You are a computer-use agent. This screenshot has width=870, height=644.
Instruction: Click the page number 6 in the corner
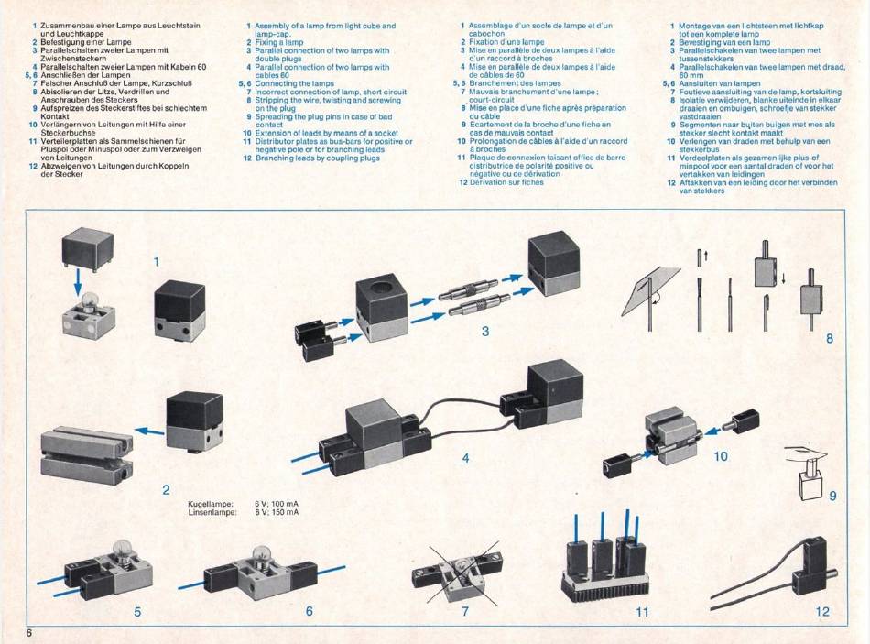click(28, 633)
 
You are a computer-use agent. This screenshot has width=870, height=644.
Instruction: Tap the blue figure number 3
click(485, 332)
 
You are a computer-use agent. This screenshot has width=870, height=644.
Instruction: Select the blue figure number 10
click(720, 456)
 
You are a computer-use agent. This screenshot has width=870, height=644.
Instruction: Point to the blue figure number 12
click(822, 611)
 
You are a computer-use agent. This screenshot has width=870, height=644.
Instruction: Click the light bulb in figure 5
click(122, 550)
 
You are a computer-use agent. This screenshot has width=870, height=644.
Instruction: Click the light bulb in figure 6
click(260, 554)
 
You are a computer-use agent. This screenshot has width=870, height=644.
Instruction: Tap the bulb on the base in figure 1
click(88, 300)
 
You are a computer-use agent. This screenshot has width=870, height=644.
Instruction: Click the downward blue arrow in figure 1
click(78, 280)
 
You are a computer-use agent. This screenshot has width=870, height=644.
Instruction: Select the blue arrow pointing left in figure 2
click(149, 431)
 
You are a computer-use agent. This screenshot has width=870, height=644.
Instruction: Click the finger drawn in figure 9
click(805, 453)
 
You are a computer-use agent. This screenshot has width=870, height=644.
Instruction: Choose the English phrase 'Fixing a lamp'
click(279, 42)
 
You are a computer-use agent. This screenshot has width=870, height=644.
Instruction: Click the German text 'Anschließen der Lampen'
click(85, 75)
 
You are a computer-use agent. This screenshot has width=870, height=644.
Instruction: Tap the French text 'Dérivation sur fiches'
click(506, 182)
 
